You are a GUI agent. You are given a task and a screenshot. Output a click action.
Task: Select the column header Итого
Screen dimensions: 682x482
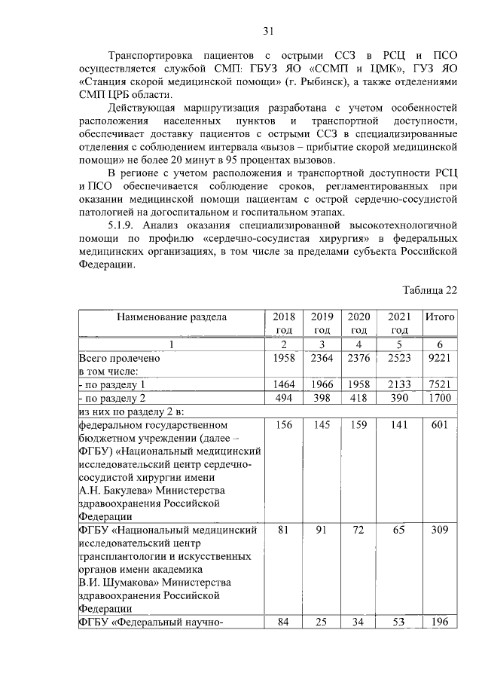[x=439, y=317]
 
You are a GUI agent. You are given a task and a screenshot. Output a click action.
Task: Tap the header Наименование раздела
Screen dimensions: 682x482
[x=171, y=317]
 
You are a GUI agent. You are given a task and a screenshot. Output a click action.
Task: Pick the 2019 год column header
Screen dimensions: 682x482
[x=322, y=323]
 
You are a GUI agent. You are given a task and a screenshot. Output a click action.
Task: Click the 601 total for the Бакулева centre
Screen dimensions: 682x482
[x=439, y=427]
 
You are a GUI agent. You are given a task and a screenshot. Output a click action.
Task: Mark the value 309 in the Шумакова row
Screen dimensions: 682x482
[x=439, y=531]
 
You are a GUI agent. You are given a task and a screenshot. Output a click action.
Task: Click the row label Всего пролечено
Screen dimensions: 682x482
[x=120, y=359]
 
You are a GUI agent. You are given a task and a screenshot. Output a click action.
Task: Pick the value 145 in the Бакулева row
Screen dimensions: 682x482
[x=322, y=427]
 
